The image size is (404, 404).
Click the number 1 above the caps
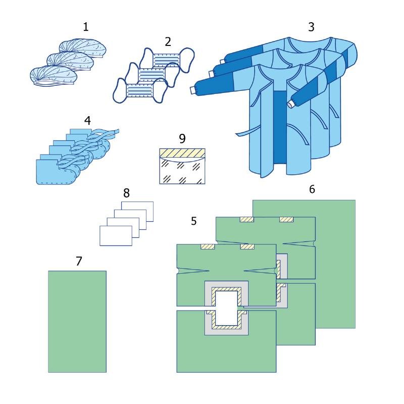(x=86, y=27)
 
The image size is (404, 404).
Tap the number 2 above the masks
(x=168, y=42)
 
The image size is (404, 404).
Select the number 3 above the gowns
(x=311, y=27)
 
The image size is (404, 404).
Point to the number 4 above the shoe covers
(x=87, y=121)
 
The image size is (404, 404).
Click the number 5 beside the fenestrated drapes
(x=194, y=221)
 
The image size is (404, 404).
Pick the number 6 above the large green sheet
(x=312, y=189)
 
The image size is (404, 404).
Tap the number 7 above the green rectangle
(x=79, y=261)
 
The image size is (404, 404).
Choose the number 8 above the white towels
(x=126, y=193)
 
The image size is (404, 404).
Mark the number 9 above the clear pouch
(x=182, y=138)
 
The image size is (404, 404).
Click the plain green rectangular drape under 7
(x=77, y=321)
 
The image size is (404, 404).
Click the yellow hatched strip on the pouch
(x=182, y=154)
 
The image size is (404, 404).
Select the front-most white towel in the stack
(x=116, y=236)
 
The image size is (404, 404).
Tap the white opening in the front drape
(x=226, y=308)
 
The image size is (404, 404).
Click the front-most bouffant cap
(x=54, y=75)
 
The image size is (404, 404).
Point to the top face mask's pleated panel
(x=167, y=60)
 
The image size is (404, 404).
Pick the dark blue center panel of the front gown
(x=280, y=126)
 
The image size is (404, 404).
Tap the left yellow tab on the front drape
(x=208, y=247)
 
